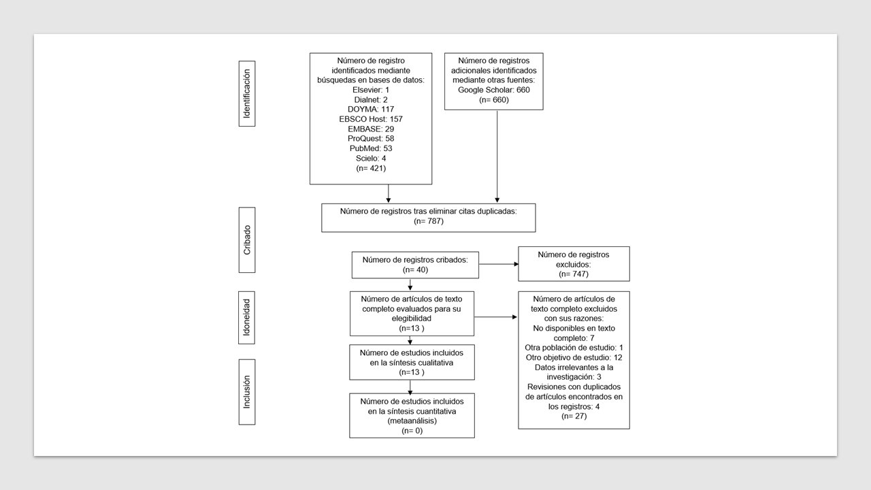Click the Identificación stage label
pyautogui.click(x=247, y=93)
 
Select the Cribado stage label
pyautogui.click(x=247, y=240)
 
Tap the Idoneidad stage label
pyautogui.click(x=247, y=316)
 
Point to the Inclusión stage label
pyautogui.click(x=247, y=391)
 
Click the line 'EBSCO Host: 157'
pyautogui.click(x=371, y=119)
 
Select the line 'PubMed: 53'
pyautogui.click(x=371, y=148)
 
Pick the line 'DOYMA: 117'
pyautogui.click(x=371, y=109)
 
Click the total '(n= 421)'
pyautogui.click(x=371, y=168)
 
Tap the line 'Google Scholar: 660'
pyautogui.click(x=494, y=90)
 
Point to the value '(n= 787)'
pyautogui.click(x=429, y=221)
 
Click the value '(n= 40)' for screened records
pyautogui.click(x=415, y=269)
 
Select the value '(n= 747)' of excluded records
pyautogui.click(x=574, y=274)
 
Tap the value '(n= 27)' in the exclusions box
pyautogui.click(x=574, y=416)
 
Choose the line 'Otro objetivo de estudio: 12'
pyautogui.click(x=574, y=357)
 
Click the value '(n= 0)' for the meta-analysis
pyautogui.click(x=412, y=431)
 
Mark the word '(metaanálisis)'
pyautogui.click(x=412, y=421)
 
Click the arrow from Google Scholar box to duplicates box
pyautogui.click(x=497, y=157)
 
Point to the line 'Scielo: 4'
pyautogui.click(x=371, y=159)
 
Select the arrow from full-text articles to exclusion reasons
pyautogui.click(x=495, y=317)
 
